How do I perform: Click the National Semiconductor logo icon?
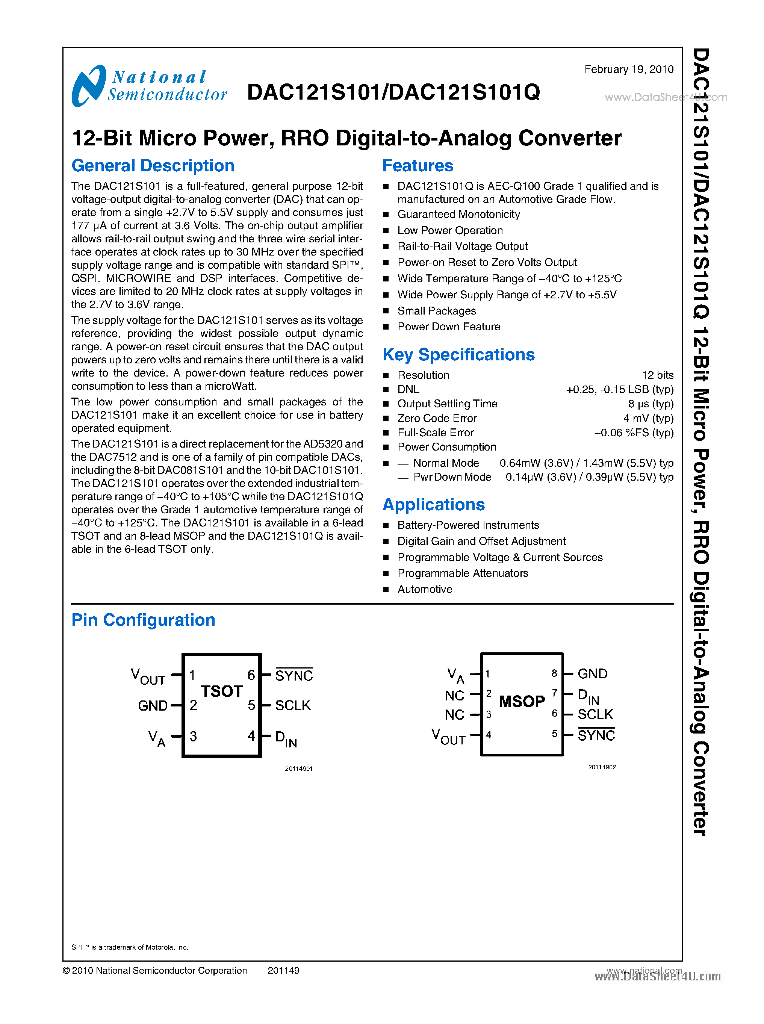click(88, 86)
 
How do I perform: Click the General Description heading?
click(153, 166)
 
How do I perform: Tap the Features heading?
click(418, 166)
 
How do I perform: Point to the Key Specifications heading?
click(458, 355)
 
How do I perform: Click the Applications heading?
click(433, 505)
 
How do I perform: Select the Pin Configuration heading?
click(143, 620)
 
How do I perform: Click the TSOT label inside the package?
click(221, 691)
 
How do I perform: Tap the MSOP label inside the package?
click(522, 701)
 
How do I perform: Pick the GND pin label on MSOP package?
click(592, 673)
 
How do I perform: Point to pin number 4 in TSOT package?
click(251, 735)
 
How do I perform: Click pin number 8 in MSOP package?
click(554, 673)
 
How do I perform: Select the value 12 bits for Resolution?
click(657, 375)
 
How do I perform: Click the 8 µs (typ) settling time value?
click(650, 404)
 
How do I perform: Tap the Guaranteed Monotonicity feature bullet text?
click(458, 215)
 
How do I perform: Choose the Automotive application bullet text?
click(425, 589)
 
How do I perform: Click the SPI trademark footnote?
click(130, 947)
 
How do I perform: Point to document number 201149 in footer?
click(283, 970)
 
